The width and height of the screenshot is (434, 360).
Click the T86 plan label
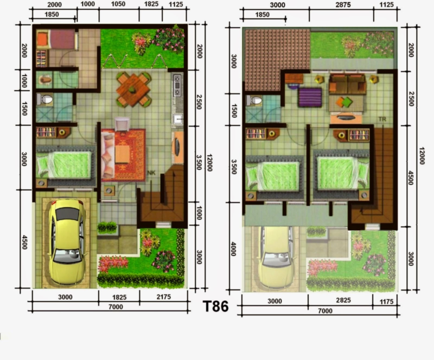pyautogui.click(x=215, y=306)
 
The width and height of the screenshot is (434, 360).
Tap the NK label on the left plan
pyautogui.click(x=151, y=173)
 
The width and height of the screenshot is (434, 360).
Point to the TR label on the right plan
pyautogui.click(x=382, y=118)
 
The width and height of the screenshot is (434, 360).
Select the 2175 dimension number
pyautogui.click(x=162, y=297)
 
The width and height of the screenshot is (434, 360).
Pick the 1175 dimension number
pyautogui.click(x=386, y=300)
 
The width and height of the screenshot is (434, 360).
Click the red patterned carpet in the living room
pyautogui.click(x=123, y=155)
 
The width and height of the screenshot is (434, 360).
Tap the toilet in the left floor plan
pyautogui.click(x=45, y=100)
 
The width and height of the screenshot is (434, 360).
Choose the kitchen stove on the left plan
pyautogui.click(x=177, y=86)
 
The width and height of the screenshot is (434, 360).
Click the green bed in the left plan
pyautogui.click(x=64, y=164)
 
